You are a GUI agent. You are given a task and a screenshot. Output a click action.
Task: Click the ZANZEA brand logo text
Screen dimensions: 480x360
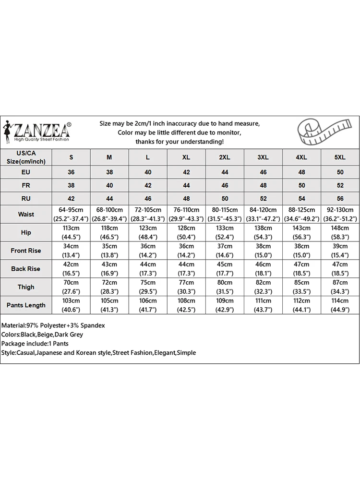(42, 130)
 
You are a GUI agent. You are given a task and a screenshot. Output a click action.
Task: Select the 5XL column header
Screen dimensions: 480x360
(340, 157)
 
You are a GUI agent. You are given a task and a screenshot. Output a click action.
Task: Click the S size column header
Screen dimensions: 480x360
(72, 157)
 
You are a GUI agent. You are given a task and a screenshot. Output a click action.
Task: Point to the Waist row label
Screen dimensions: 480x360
(26, 214)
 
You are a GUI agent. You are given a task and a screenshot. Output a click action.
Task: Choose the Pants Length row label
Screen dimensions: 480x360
(26, 305)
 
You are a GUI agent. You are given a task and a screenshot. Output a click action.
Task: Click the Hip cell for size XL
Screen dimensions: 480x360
(186, 232)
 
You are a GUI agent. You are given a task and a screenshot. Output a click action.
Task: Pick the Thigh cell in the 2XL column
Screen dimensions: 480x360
(225, 287)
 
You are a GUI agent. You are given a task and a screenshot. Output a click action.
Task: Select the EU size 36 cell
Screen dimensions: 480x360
(72, 172)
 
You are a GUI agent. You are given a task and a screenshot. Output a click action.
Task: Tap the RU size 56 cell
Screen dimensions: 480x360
(340, 199)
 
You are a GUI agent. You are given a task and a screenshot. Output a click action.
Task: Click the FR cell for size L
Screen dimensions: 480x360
(148, 185)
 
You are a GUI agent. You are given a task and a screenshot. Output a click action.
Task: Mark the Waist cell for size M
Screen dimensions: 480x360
(109, 214)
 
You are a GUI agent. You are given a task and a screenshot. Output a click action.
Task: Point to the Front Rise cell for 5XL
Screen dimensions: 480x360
(340, 251)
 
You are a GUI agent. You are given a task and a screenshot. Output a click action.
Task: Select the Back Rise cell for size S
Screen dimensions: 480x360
(72, 269)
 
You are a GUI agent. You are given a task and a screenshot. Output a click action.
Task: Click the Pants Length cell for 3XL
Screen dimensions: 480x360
(263, 305)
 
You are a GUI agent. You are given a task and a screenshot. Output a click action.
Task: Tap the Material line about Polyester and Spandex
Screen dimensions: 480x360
(53, 325)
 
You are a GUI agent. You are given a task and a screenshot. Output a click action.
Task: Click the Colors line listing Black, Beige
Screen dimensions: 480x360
(42, 335)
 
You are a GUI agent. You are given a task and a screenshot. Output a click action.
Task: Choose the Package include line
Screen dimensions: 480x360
(35, 344)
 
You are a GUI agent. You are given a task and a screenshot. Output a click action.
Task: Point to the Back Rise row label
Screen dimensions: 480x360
(26, 269)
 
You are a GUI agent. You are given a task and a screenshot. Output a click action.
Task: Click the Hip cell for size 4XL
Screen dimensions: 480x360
(301, 232)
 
